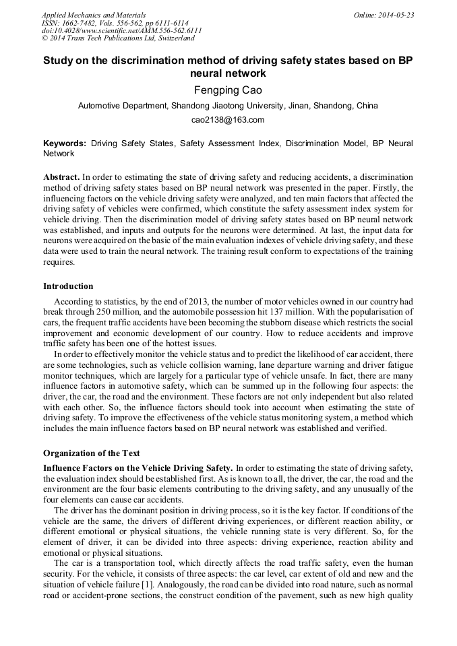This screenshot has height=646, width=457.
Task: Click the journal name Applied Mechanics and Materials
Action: point(94,15)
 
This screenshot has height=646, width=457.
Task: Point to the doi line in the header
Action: point(121,31)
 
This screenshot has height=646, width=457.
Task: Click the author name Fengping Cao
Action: point(228,90)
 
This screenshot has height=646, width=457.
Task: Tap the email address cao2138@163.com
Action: point(228,120)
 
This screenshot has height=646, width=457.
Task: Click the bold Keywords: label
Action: point(65,143)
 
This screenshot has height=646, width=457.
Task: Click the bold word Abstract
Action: point(61,175)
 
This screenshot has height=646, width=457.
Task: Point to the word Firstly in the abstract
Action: point(384,187)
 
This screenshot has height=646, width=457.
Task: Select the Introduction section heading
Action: point(68,286)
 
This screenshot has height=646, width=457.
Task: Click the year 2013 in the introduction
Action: point(212,301)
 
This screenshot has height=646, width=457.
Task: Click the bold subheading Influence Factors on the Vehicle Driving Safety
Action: point(138,468)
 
